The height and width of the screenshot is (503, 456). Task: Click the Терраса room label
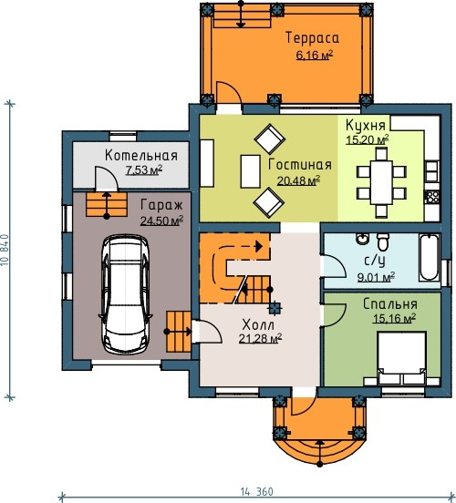coord(312,38)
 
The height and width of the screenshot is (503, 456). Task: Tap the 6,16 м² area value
coord(314,56)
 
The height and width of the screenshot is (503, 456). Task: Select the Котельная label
coord(141,155)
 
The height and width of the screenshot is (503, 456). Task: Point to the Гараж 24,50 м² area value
coord(161,221)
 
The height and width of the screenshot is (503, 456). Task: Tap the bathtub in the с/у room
coord(430,257)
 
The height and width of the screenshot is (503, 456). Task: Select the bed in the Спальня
coord(401,358)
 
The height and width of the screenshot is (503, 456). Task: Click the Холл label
coord(258,324)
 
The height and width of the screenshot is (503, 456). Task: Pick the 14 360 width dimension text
coord(256,492)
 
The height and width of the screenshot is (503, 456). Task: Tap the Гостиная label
coord(300,165)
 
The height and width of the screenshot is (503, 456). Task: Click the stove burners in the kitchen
coord(431,197)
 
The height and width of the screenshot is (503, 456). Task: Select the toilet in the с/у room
coord(383,241)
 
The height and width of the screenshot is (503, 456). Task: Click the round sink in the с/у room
coord(363,239)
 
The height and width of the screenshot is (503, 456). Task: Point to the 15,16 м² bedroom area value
coord(394,319)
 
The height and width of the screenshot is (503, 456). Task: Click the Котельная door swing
coord(106,179)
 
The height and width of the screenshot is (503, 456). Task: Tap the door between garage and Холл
coord(207,332)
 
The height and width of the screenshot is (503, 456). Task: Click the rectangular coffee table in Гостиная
coord(250,171)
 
